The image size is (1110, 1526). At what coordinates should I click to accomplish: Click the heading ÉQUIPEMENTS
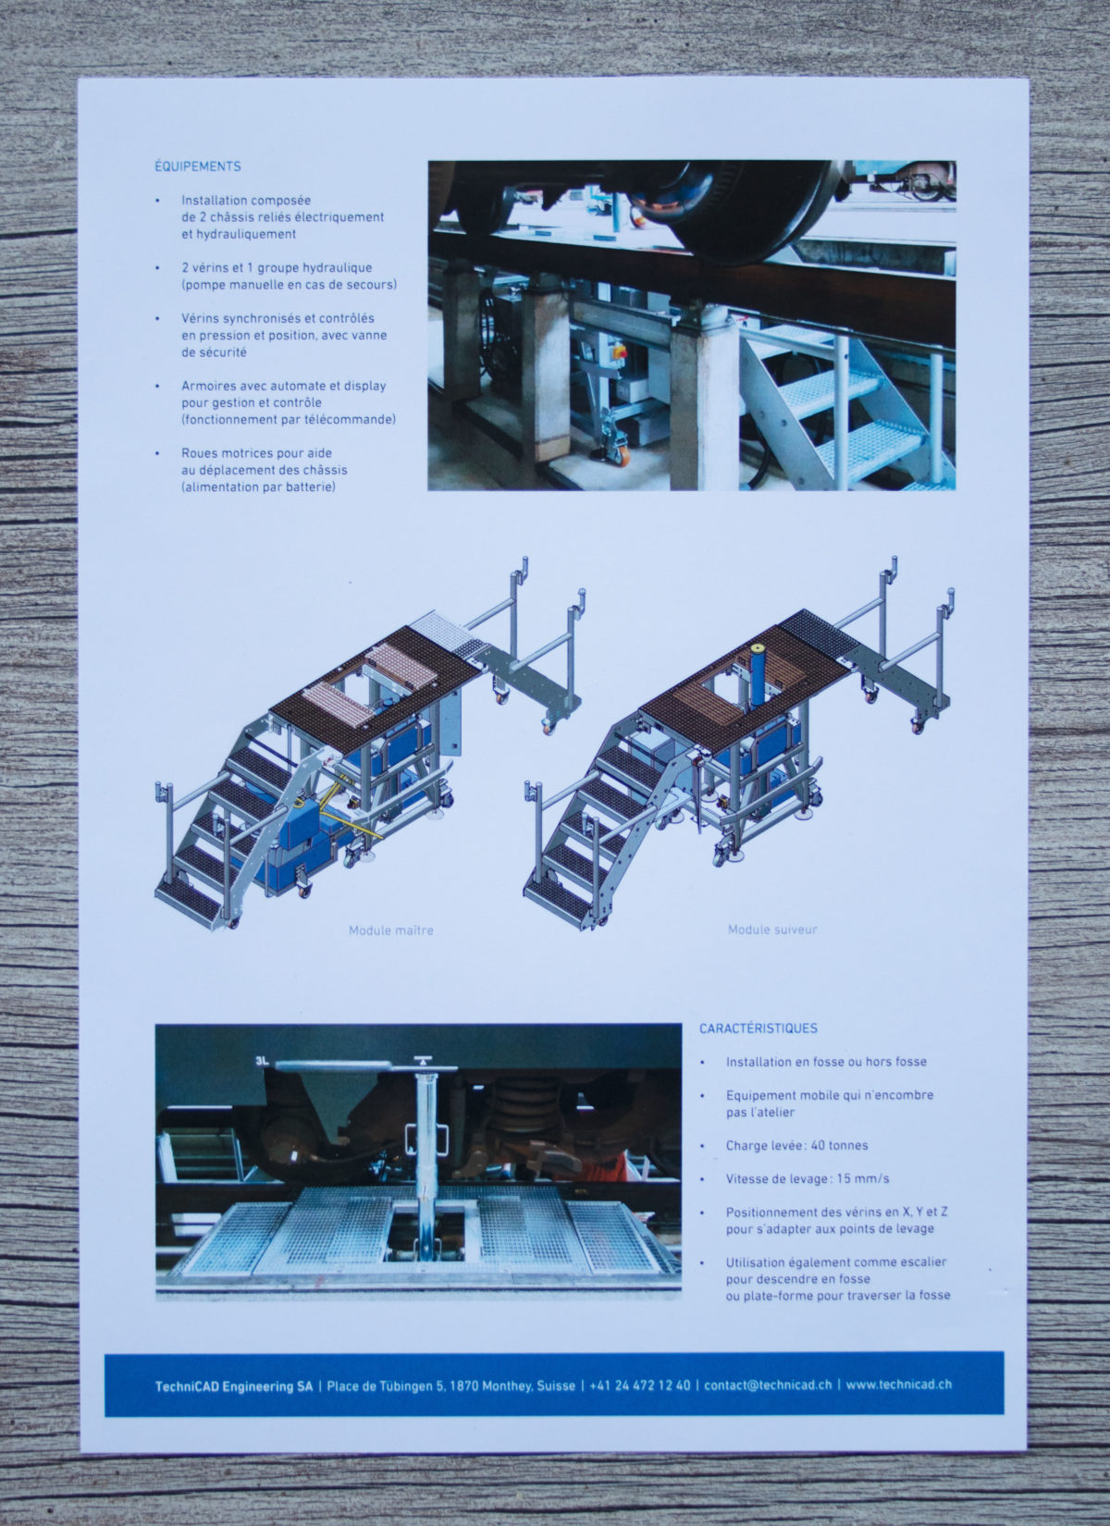coord(198,166)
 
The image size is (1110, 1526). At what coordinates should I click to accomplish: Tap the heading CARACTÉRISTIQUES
coord(758,1028)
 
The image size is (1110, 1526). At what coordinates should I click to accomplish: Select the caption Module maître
coord(391,929)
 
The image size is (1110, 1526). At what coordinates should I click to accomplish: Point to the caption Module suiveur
coord(772,929)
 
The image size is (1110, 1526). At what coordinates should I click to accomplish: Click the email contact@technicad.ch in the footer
coord(768,1385)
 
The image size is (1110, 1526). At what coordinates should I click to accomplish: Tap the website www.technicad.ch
coord(899,1384)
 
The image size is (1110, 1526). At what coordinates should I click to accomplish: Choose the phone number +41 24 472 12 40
coord(640,1385)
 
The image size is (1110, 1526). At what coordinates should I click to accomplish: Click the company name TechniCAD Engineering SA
coord(234,1386)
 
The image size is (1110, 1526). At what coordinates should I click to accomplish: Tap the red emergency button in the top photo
coord(620,351)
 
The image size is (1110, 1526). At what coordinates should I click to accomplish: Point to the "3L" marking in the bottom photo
coord(263,1061)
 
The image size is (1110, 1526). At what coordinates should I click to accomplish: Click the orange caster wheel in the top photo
coord(622,457)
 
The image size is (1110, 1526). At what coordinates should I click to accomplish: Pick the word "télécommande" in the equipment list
coord(350,420)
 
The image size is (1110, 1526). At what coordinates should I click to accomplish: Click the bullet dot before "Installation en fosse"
coord(703,1062)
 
